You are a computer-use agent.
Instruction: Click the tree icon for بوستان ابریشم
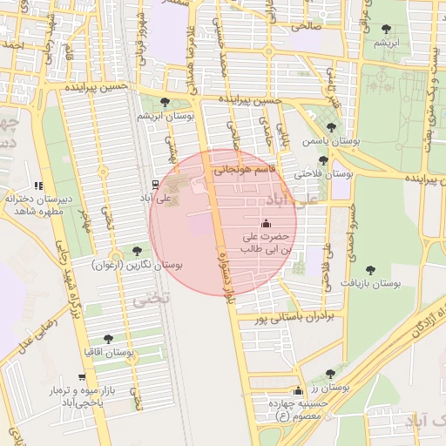pos(165,104)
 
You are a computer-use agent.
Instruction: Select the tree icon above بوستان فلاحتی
pos(323,160)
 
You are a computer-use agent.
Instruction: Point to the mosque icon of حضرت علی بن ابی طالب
pos(266,222)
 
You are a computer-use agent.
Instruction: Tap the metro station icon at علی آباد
pos(155,184)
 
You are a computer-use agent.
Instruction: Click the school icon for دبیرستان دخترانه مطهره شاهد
pos(37,186)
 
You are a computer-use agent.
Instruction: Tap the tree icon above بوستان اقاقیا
pos(108,338)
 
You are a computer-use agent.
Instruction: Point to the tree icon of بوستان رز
pos(330,374)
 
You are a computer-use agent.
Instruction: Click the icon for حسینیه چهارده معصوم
pos(300,389)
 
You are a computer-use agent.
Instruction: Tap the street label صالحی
pos(310,26)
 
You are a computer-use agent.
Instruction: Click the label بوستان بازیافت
pos(369,284)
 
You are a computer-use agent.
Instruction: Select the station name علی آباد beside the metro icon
pos(135,199)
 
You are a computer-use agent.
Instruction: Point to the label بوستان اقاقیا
pos(107,353)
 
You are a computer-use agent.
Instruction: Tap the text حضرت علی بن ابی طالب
pos(266,243)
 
